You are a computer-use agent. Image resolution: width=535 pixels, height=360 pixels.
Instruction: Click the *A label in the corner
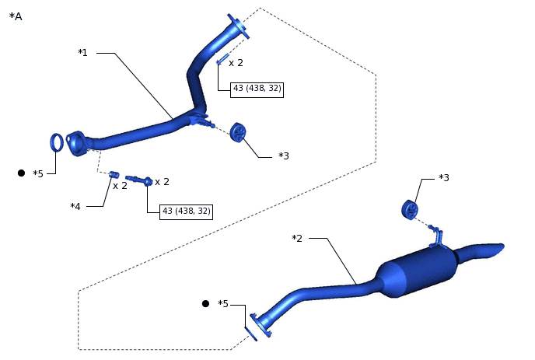click(16, 16)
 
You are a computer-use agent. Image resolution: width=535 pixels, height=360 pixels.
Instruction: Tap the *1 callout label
click(82, 53)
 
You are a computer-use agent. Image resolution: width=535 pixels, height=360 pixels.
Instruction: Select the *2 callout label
click(296, 238)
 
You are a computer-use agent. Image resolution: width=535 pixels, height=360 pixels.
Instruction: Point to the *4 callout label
click(75, 206)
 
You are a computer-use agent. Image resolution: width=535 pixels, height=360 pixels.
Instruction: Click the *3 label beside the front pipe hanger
click(284, 156)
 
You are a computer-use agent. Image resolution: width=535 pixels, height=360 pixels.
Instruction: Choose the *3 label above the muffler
click(443, 178)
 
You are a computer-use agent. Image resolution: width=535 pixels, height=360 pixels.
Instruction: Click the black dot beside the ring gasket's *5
click(21, 173)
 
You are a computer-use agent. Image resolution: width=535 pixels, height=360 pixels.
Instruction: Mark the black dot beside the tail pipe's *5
click(205, 303)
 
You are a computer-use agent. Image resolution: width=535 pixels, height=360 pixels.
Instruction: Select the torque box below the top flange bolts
click(257, 89)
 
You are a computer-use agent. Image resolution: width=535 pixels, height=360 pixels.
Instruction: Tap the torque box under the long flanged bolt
click(186, 211)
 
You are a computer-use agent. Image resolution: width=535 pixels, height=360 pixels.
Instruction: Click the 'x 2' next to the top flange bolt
click(236, 63)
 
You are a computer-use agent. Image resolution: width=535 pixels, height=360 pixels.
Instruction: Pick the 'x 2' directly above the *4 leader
click(120, 186)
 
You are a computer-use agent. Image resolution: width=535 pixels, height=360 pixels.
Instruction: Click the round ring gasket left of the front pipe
click(57, 142)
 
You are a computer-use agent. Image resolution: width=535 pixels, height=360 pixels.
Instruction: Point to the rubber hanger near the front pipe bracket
click(239, 133)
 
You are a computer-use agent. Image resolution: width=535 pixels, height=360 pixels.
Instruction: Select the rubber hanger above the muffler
click(410, 209)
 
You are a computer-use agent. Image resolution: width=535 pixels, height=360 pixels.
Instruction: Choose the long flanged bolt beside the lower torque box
click(138, 180)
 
